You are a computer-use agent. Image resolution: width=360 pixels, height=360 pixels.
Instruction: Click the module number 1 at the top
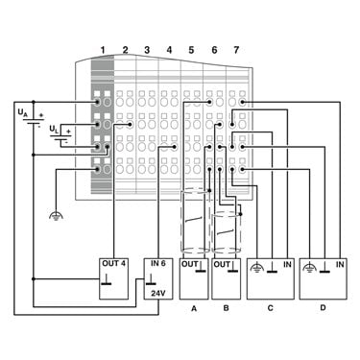tap(103, 50)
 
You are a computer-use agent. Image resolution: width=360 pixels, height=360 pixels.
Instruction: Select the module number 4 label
tap(169, 50)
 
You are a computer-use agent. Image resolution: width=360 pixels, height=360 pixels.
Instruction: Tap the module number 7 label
tap(236, 50)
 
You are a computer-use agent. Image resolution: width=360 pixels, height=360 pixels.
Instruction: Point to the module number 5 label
tap(191, 50)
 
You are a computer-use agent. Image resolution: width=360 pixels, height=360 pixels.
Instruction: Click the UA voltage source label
tap(22, 112)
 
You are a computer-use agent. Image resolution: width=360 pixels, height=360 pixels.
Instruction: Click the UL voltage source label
tap(54, 130)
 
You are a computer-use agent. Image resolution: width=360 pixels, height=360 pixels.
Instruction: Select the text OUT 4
tap(113, 264)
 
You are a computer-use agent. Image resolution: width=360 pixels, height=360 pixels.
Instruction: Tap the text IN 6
tap(158, 264)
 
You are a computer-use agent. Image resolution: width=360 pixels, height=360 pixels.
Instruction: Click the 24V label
tap(158, 293)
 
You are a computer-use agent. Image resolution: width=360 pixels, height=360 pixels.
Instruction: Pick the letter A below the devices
tap(194, 308)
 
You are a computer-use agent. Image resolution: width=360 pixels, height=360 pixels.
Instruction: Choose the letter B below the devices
tap(226, 308)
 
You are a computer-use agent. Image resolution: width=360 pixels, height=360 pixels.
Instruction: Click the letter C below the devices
tap(271, 308)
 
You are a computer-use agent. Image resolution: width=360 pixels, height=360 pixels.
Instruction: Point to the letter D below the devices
tap(323, 308)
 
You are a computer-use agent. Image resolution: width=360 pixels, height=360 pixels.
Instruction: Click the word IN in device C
tap(287, 264)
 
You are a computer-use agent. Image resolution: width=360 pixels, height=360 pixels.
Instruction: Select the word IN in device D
tap(340, 264)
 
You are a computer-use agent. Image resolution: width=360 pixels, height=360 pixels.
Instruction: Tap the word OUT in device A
tap(190, 264)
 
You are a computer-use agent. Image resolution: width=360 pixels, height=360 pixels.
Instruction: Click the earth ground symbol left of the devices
tap(56, 216)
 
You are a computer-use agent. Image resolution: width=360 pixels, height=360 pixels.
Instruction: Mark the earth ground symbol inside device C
tap(258, 268)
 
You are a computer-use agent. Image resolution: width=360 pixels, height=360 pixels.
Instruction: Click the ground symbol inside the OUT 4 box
tap(107, 280)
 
